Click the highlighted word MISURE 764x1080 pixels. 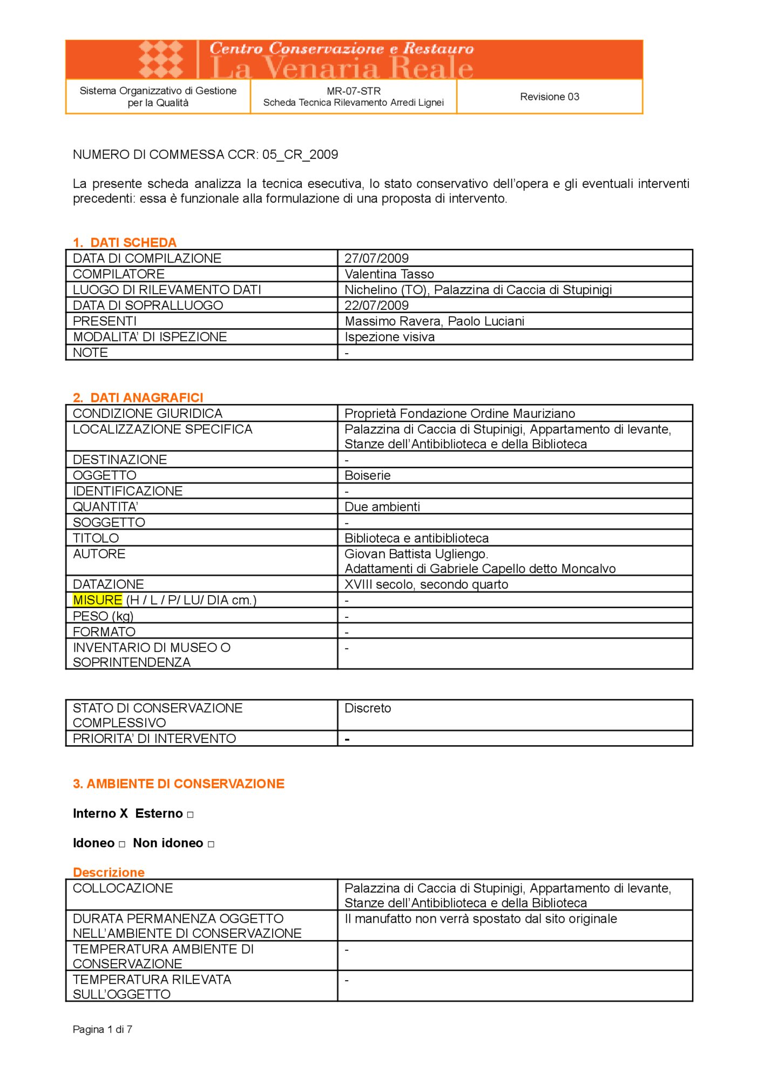point(98,600)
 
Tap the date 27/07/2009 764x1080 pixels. point(376,258)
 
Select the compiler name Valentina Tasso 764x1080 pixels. point(389,274)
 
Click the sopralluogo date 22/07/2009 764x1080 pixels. point(376,305)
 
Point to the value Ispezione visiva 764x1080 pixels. point(389,337)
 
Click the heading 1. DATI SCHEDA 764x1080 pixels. point(125,242)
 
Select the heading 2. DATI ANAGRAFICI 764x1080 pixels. point(138,397)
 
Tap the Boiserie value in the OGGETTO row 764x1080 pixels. point(367,475)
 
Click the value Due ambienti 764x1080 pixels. point(382,507)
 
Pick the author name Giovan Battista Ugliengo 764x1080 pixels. point(416,553)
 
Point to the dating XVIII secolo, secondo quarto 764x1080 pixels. point(426,584)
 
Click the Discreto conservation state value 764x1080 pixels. point(367,708)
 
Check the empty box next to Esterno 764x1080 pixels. point(190,814)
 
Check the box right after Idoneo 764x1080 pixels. point(122,844)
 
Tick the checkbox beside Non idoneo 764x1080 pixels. point(211,844)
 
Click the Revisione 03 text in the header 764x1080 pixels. point(549,97)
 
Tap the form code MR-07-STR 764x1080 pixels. point(354,91)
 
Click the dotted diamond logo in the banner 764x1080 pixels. point(161,59)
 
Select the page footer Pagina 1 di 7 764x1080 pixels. point(103,1029)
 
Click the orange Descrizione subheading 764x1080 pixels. point(109,872)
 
